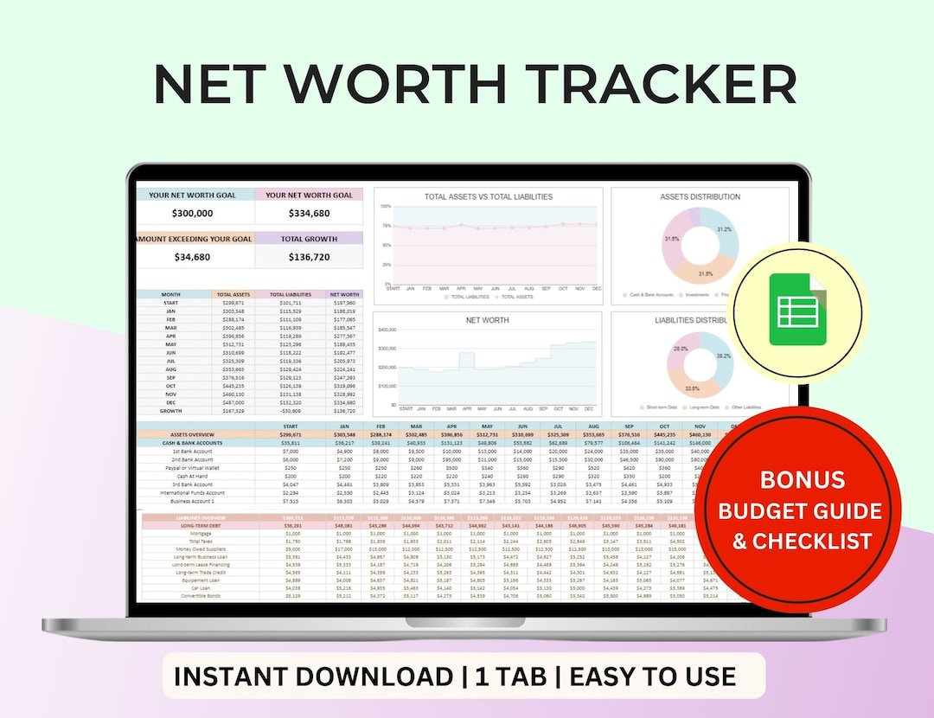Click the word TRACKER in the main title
click(x=662, y=85)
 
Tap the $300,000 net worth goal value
click(x=192, y=213)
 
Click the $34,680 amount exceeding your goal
click(x=192, y=257)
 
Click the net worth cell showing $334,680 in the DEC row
click(x=344, y=402)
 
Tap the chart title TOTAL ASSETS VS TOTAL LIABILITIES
click(x=488, y=196)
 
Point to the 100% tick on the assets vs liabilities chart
click(x=386, y=207)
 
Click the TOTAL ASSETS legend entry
click(x=517, y=297)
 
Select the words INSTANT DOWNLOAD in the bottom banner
click(x=313, y=676)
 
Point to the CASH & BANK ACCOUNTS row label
click(x=191, y=443)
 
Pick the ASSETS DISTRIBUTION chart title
click(x=700, y=196)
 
